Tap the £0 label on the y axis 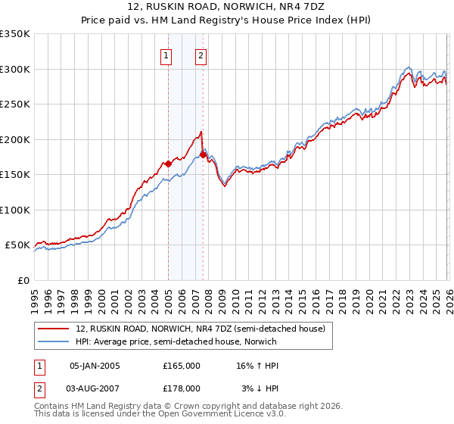tap(23, 280)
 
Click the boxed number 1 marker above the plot tap(166, 55)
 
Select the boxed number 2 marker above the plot tap(201, 55)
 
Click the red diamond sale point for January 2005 tap(168, 164)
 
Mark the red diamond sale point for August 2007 tap(203, 154)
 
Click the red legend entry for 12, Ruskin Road tap(200, 328)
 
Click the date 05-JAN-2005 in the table tap(95, 366)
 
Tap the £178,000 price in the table tap(182, 388)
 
